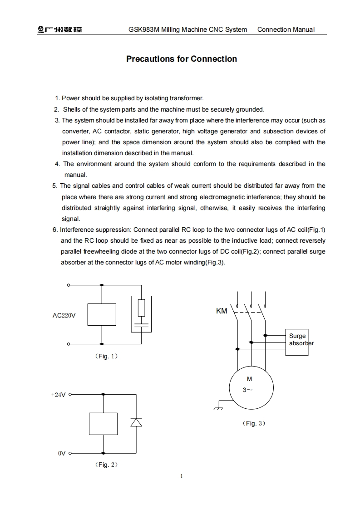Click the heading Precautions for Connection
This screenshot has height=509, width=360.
point(181,59)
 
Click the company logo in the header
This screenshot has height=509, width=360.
point(59,30)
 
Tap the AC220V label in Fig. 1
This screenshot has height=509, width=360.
point(64,315)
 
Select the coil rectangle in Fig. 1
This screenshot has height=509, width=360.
point(102,314)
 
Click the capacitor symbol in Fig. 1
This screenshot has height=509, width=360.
point(142,325)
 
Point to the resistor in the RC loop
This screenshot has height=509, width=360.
point(142,308)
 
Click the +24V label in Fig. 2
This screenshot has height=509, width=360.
point(58,395)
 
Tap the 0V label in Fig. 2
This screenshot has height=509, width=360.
point(62,453)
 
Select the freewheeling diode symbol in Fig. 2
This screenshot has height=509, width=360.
point(136,422)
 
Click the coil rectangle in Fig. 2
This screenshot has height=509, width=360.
point(104,424)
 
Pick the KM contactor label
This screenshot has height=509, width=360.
point(221,311)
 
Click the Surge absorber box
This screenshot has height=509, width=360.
point(297,342)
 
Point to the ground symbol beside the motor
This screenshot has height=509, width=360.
point(218,407)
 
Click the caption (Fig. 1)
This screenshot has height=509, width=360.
point(107,357)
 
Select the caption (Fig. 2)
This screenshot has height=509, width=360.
point(107,465)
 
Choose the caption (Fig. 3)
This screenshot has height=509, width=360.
point(254,423)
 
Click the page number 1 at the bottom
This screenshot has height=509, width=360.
point(181,476)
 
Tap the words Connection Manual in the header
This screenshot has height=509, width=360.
point(286,30)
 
